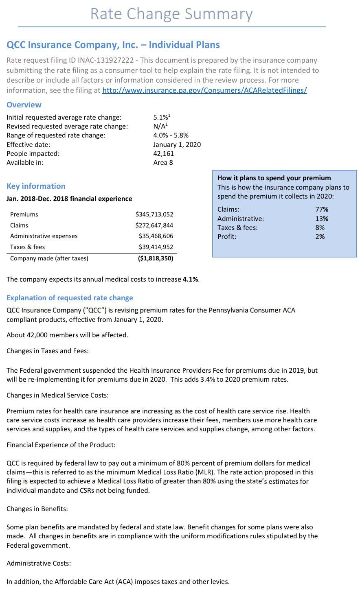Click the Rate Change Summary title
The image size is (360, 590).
click(171, 14)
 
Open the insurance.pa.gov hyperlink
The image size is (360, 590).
click(204, 90)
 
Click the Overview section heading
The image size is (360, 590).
click(24, 105)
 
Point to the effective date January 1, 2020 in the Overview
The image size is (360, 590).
click(177, 144)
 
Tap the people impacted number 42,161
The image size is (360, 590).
click(163, 153)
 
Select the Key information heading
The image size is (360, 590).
click(36, 186)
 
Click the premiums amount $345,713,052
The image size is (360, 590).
click(154, 214)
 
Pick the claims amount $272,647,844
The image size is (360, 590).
click(154, 225)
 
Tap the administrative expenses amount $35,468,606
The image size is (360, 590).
click(156, 236)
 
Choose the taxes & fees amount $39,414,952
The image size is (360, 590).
click(156, 247)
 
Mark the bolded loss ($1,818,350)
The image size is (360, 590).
click(156, 258)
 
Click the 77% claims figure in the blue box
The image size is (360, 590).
click(322, 209)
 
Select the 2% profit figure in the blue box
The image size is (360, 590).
click(320, 236)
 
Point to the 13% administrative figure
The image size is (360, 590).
click(322, 219)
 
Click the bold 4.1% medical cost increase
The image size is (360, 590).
click(191, 279)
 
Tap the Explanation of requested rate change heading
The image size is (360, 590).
click(70, 298)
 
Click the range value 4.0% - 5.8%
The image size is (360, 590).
click(171, 135)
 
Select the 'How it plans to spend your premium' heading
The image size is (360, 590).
click(274, 178)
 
